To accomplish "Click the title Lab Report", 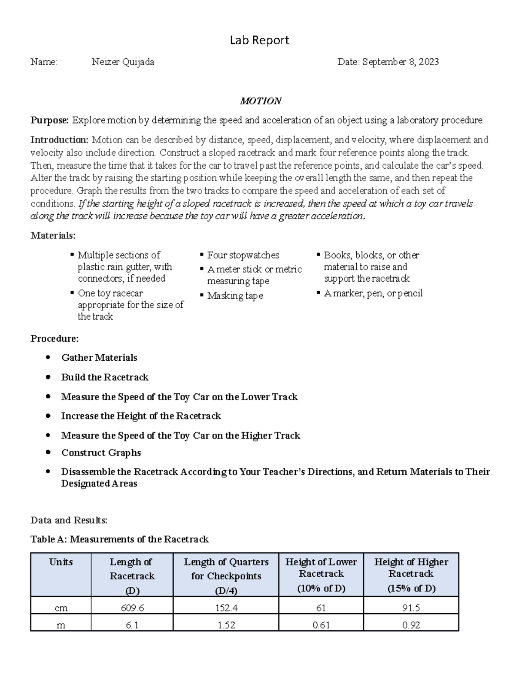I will pyautogui.click(x=259, y=40).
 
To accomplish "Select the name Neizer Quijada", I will pyautogui.click(x=123, y=62).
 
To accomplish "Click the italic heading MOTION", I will pyautogui.click(x=261, y=101).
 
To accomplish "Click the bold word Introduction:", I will pyautogui.click(x=59, y=140).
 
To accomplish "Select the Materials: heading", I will pyautogui.click(x=53, y=236).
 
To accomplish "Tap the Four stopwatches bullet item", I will pyautogui.click(x=243, y=255).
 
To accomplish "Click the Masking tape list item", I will pyautogui.click(x=235, y=296).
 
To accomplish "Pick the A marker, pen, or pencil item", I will pyautogui.click(x=373, y=293).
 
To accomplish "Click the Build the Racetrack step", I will pyautogui.click(x=104, y=377).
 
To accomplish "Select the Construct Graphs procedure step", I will pyautogui.click(x=101, y=453).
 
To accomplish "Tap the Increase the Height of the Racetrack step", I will pyautogui.click(x=141, y=416).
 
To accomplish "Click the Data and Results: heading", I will pyautogui.click(x=69, y=520).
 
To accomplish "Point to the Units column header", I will pyautogui.click(x=61, y=562).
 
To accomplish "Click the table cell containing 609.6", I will pyautogui.click(x=132, y=608).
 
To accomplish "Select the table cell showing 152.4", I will pyautogui.click(x=226, y=608).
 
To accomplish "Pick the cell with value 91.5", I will pyautogui.click(x=411, y=608).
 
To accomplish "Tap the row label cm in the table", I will pyautogui.click(x=61, y=608).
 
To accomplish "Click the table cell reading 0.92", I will pyautogui.click(x=411, y=625).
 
